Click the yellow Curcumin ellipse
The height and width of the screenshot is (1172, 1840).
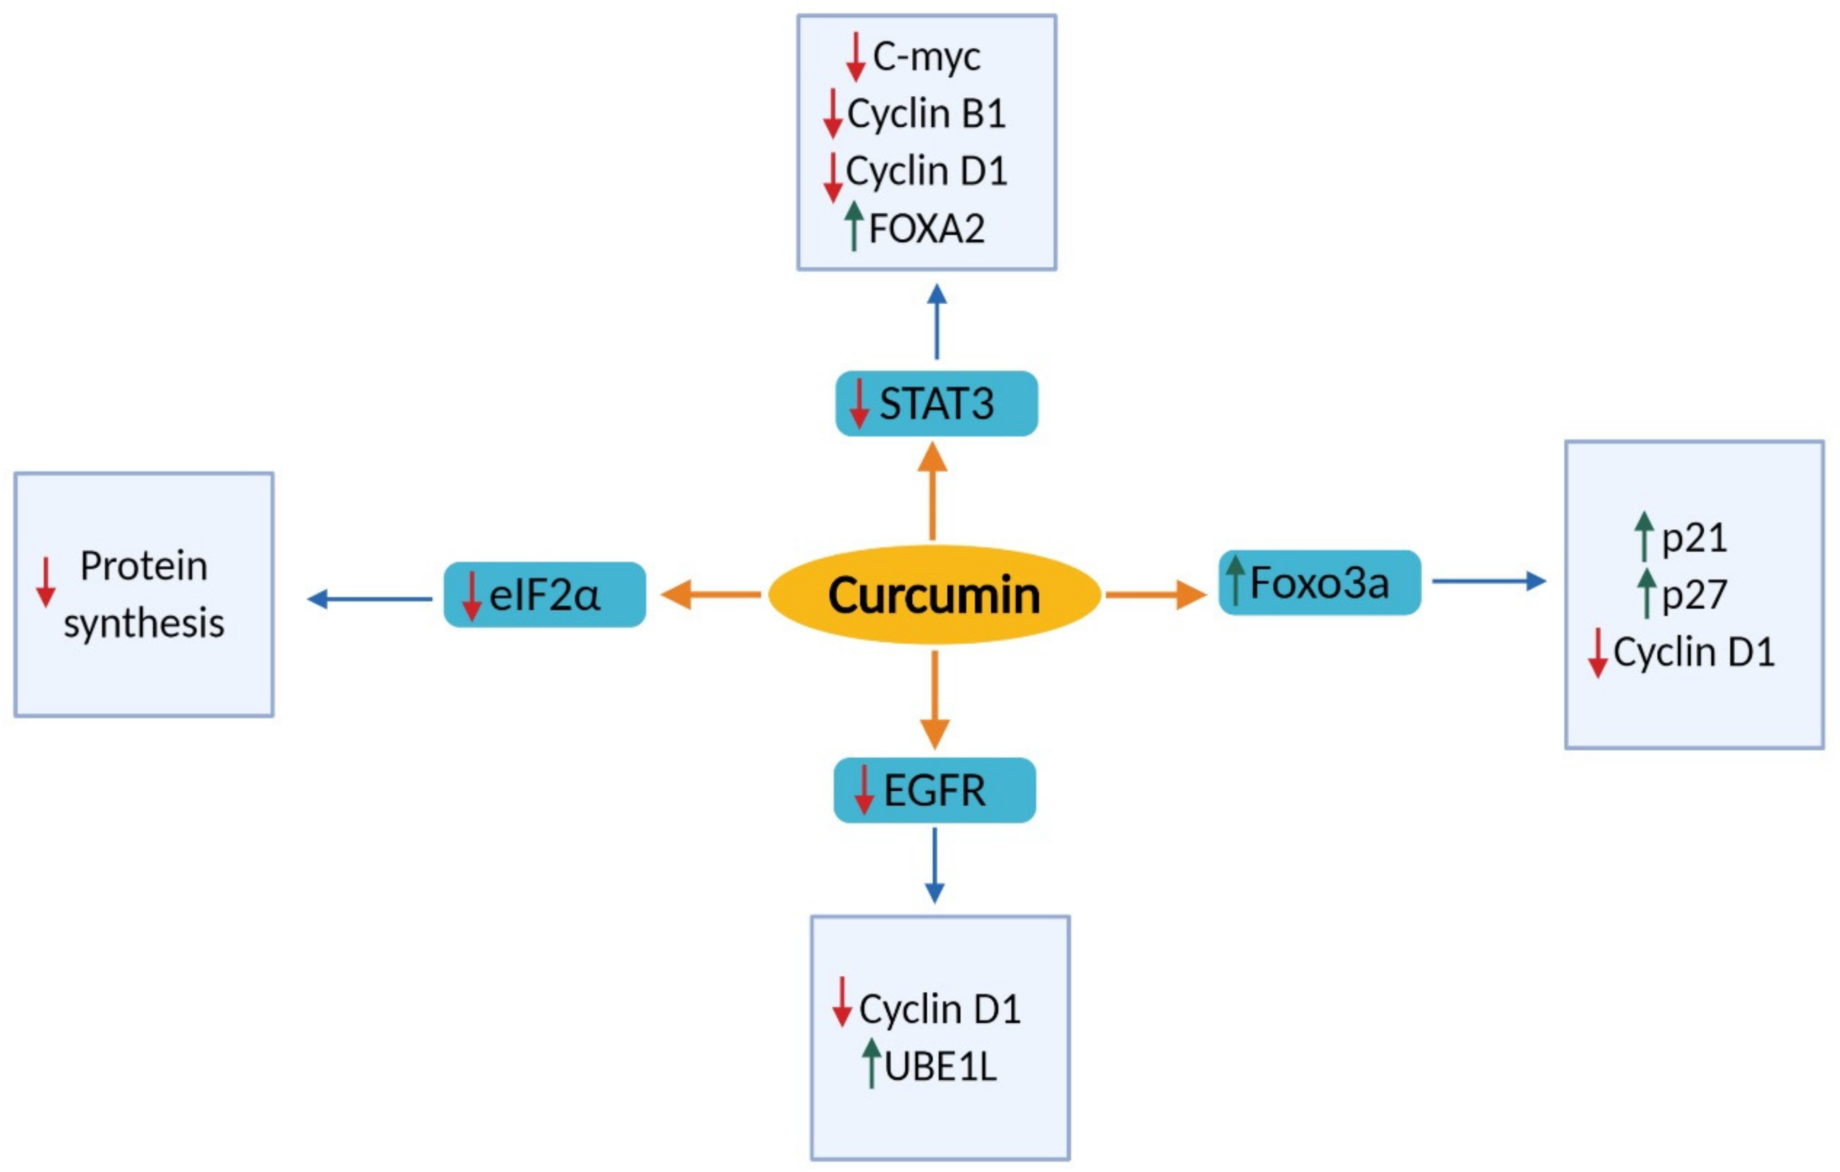[934, 595]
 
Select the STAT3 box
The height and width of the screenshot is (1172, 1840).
[936, 404]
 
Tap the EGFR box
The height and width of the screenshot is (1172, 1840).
[934, 790]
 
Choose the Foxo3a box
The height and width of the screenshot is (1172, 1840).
[1319, 583]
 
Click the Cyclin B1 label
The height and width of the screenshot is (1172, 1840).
[926, 114]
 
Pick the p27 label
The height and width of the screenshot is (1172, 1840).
[1694, 595]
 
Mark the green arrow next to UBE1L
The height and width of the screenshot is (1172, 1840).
[871, 1063]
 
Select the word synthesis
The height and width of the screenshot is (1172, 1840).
[144, 623]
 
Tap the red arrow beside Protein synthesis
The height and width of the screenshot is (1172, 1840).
[46, 582]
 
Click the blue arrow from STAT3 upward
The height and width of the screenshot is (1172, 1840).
[937, 321]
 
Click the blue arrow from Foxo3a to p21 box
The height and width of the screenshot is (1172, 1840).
[1488, 581]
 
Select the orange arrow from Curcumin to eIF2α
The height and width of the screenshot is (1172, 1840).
[711, 594]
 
